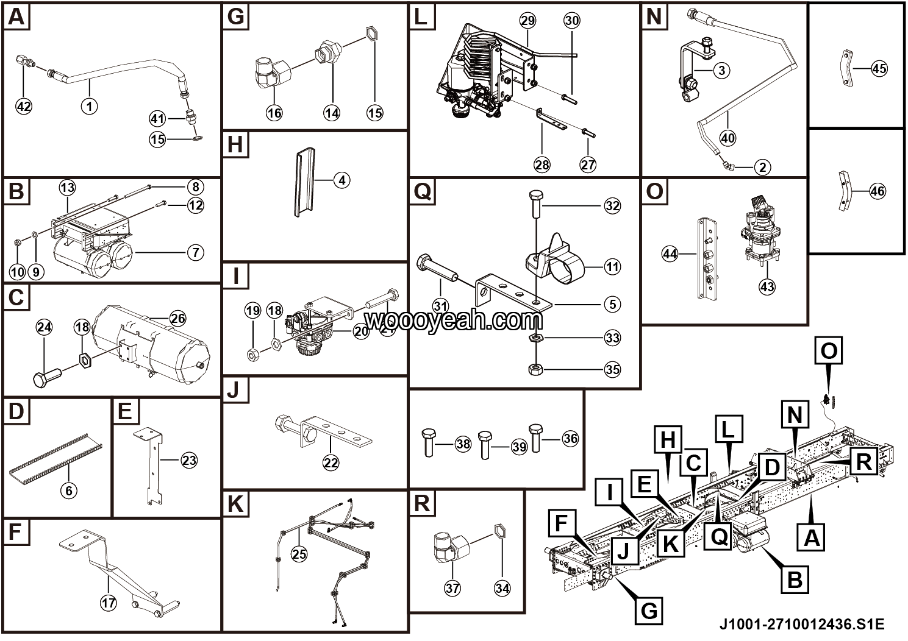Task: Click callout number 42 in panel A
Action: click(24, 106)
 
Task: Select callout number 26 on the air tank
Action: click(177, 318)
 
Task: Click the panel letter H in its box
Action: click(235, 146)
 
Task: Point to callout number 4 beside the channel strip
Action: click(342, 180)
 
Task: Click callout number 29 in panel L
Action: click(528, 21)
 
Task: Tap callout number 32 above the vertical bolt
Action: click(612, 206)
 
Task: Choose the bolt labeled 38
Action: click(428, 442)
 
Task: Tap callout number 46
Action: click(877, 191)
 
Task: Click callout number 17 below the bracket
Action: click(108, 603)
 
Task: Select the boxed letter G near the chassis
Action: click(649, 609)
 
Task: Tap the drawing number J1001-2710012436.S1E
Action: click(802, 625)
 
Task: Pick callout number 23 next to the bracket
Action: click(189, 460)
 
